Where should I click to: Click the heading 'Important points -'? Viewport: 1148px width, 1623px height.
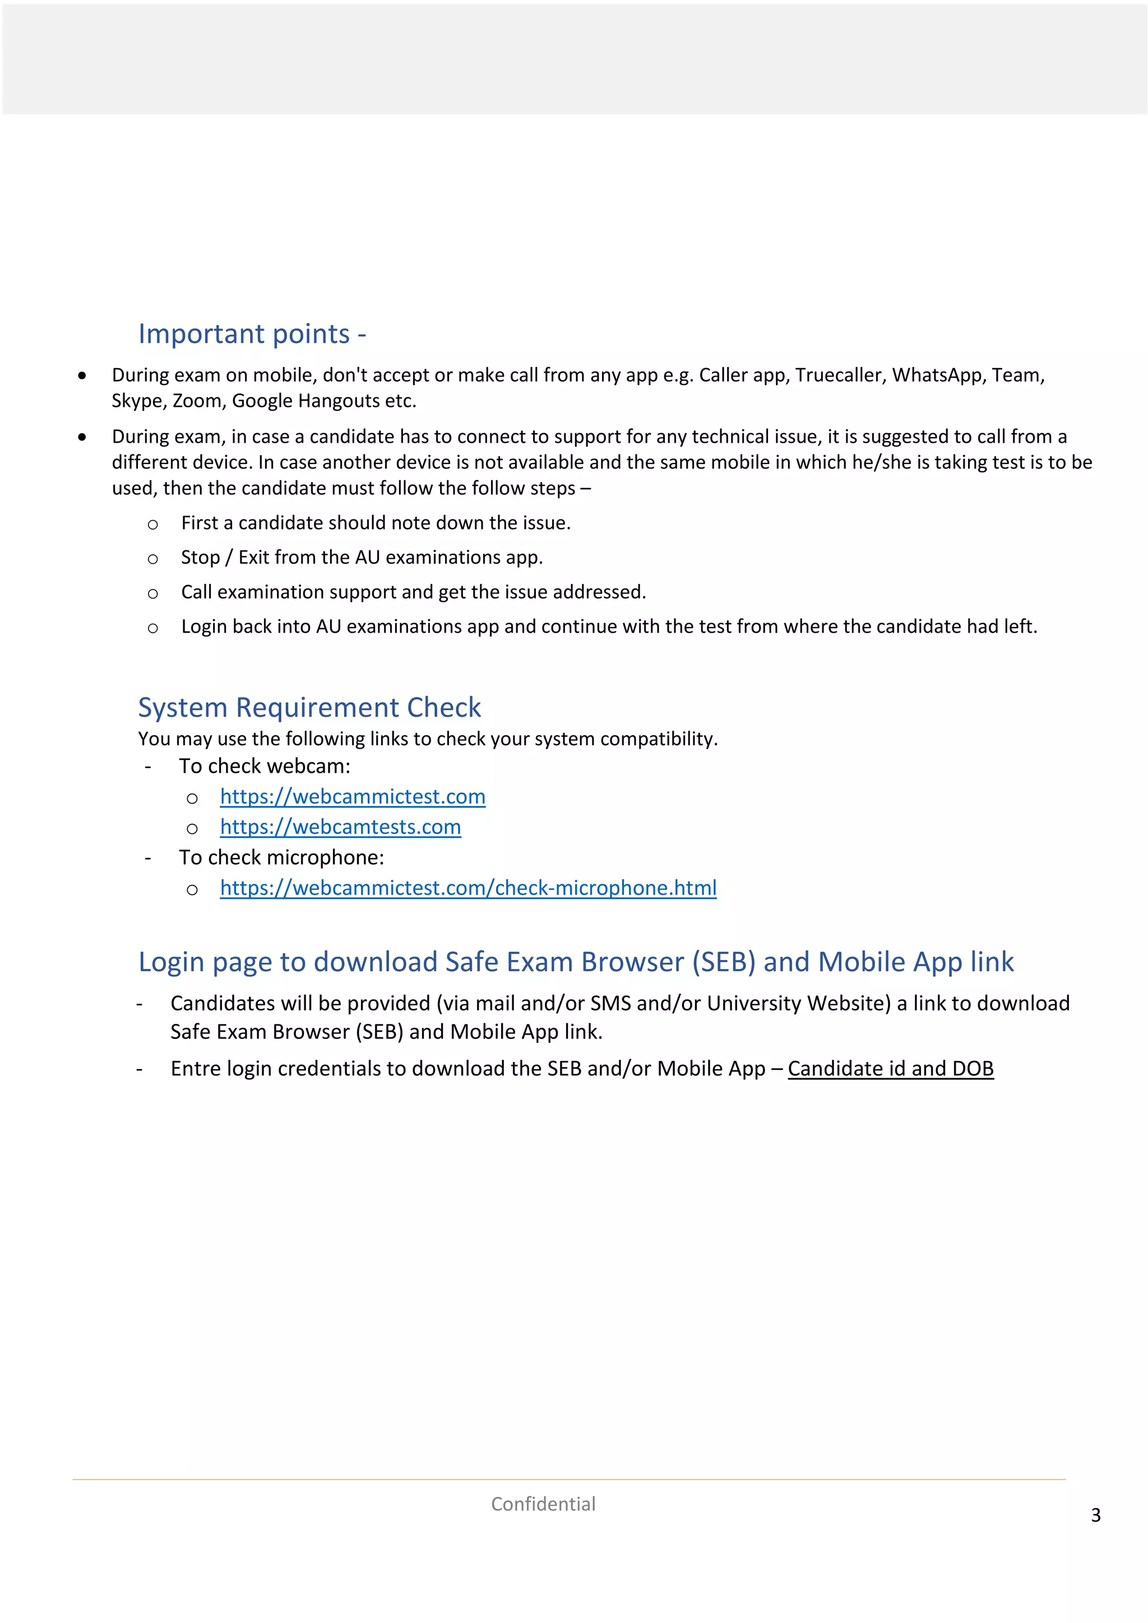click(252, 333)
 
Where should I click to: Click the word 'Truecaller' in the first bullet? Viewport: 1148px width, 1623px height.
click(839, 375)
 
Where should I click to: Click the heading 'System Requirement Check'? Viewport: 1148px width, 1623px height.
click(309, 708)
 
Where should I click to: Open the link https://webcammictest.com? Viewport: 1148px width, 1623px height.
click(352, 797)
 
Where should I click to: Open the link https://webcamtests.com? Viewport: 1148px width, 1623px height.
click(340, 827)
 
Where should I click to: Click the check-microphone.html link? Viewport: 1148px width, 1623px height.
click(468, 888)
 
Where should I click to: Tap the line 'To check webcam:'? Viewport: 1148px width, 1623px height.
click(265, 766)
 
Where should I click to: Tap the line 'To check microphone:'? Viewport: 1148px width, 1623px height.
click(281, 857)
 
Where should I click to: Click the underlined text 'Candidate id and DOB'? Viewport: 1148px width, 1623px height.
click(890, 1069)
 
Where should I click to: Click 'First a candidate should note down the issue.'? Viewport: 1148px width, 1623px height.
click(376, 523)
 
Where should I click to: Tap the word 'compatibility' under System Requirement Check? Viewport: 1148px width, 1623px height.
click(657, 739)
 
